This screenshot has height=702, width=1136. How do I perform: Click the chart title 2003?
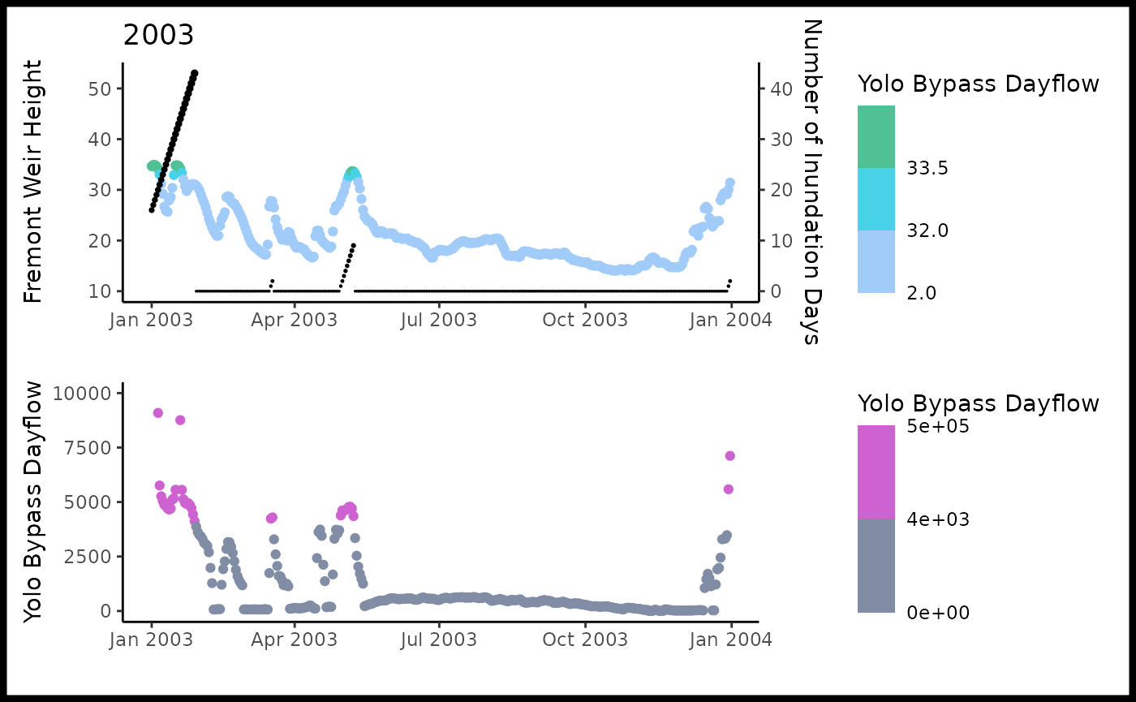pyautogui.click(x=158, y=36)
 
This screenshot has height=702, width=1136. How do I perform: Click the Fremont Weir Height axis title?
pyautogui.click(x=32, y=181)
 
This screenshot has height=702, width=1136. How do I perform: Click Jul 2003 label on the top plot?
pyautogui.click(x=439, y=320)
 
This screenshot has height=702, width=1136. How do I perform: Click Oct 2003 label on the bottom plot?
pyautogui.click(x=584, y=639)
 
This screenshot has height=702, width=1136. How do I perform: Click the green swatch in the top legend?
pyautogui.click(x=876, y=136)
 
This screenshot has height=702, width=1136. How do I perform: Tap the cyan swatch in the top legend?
pyautogui.click(x=876, y=199)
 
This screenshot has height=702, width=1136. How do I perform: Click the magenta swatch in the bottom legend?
pyautogui.click(x=876, y=472)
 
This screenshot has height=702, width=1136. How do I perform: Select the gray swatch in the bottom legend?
pyautogui.click(x=876, y=566)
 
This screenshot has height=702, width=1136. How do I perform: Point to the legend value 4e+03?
pyautogui.click(x=939, y=519)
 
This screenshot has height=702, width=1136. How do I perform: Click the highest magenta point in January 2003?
pyautogui.click(x=157, y=413)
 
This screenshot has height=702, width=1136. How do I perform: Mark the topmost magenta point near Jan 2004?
pyautogui.click(x=729, y=456)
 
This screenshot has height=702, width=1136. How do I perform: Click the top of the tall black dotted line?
pyautogui.click(x=195, y=73)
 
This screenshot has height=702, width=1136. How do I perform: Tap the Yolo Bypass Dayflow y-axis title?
pyautogui.click(x=32, y=504)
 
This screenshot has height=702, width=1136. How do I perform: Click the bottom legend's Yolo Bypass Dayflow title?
pyautogui.click(x=979, y=403)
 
